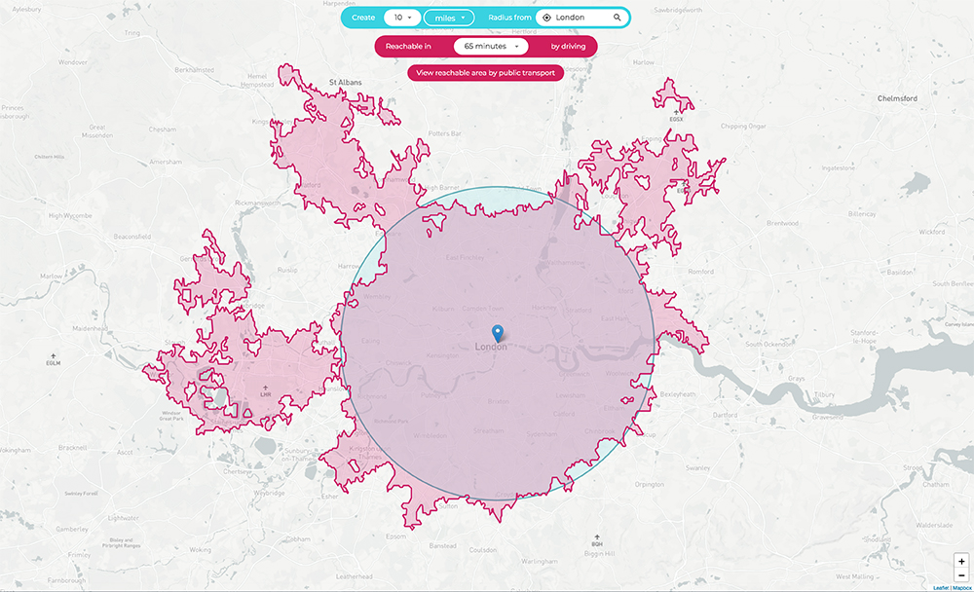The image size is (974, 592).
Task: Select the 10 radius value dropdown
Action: [x=402, y=18]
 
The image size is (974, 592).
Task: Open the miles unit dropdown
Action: [x=449, y=18]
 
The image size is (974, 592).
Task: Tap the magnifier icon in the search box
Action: [x=618, y=18]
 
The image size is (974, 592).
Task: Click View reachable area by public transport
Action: [x=485, y=72]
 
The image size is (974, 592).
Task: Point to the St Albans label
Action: [x=345, y=83]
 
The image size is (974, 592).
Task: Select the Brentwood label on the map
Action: [x=782, y=223]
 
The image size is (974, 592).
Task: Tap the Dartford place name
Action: [x=726, y=415]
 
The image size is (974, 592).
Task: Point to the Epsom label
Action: [x=396, y=536]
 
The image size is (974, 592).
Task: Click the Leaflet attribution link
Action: [x=941, y=587]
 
